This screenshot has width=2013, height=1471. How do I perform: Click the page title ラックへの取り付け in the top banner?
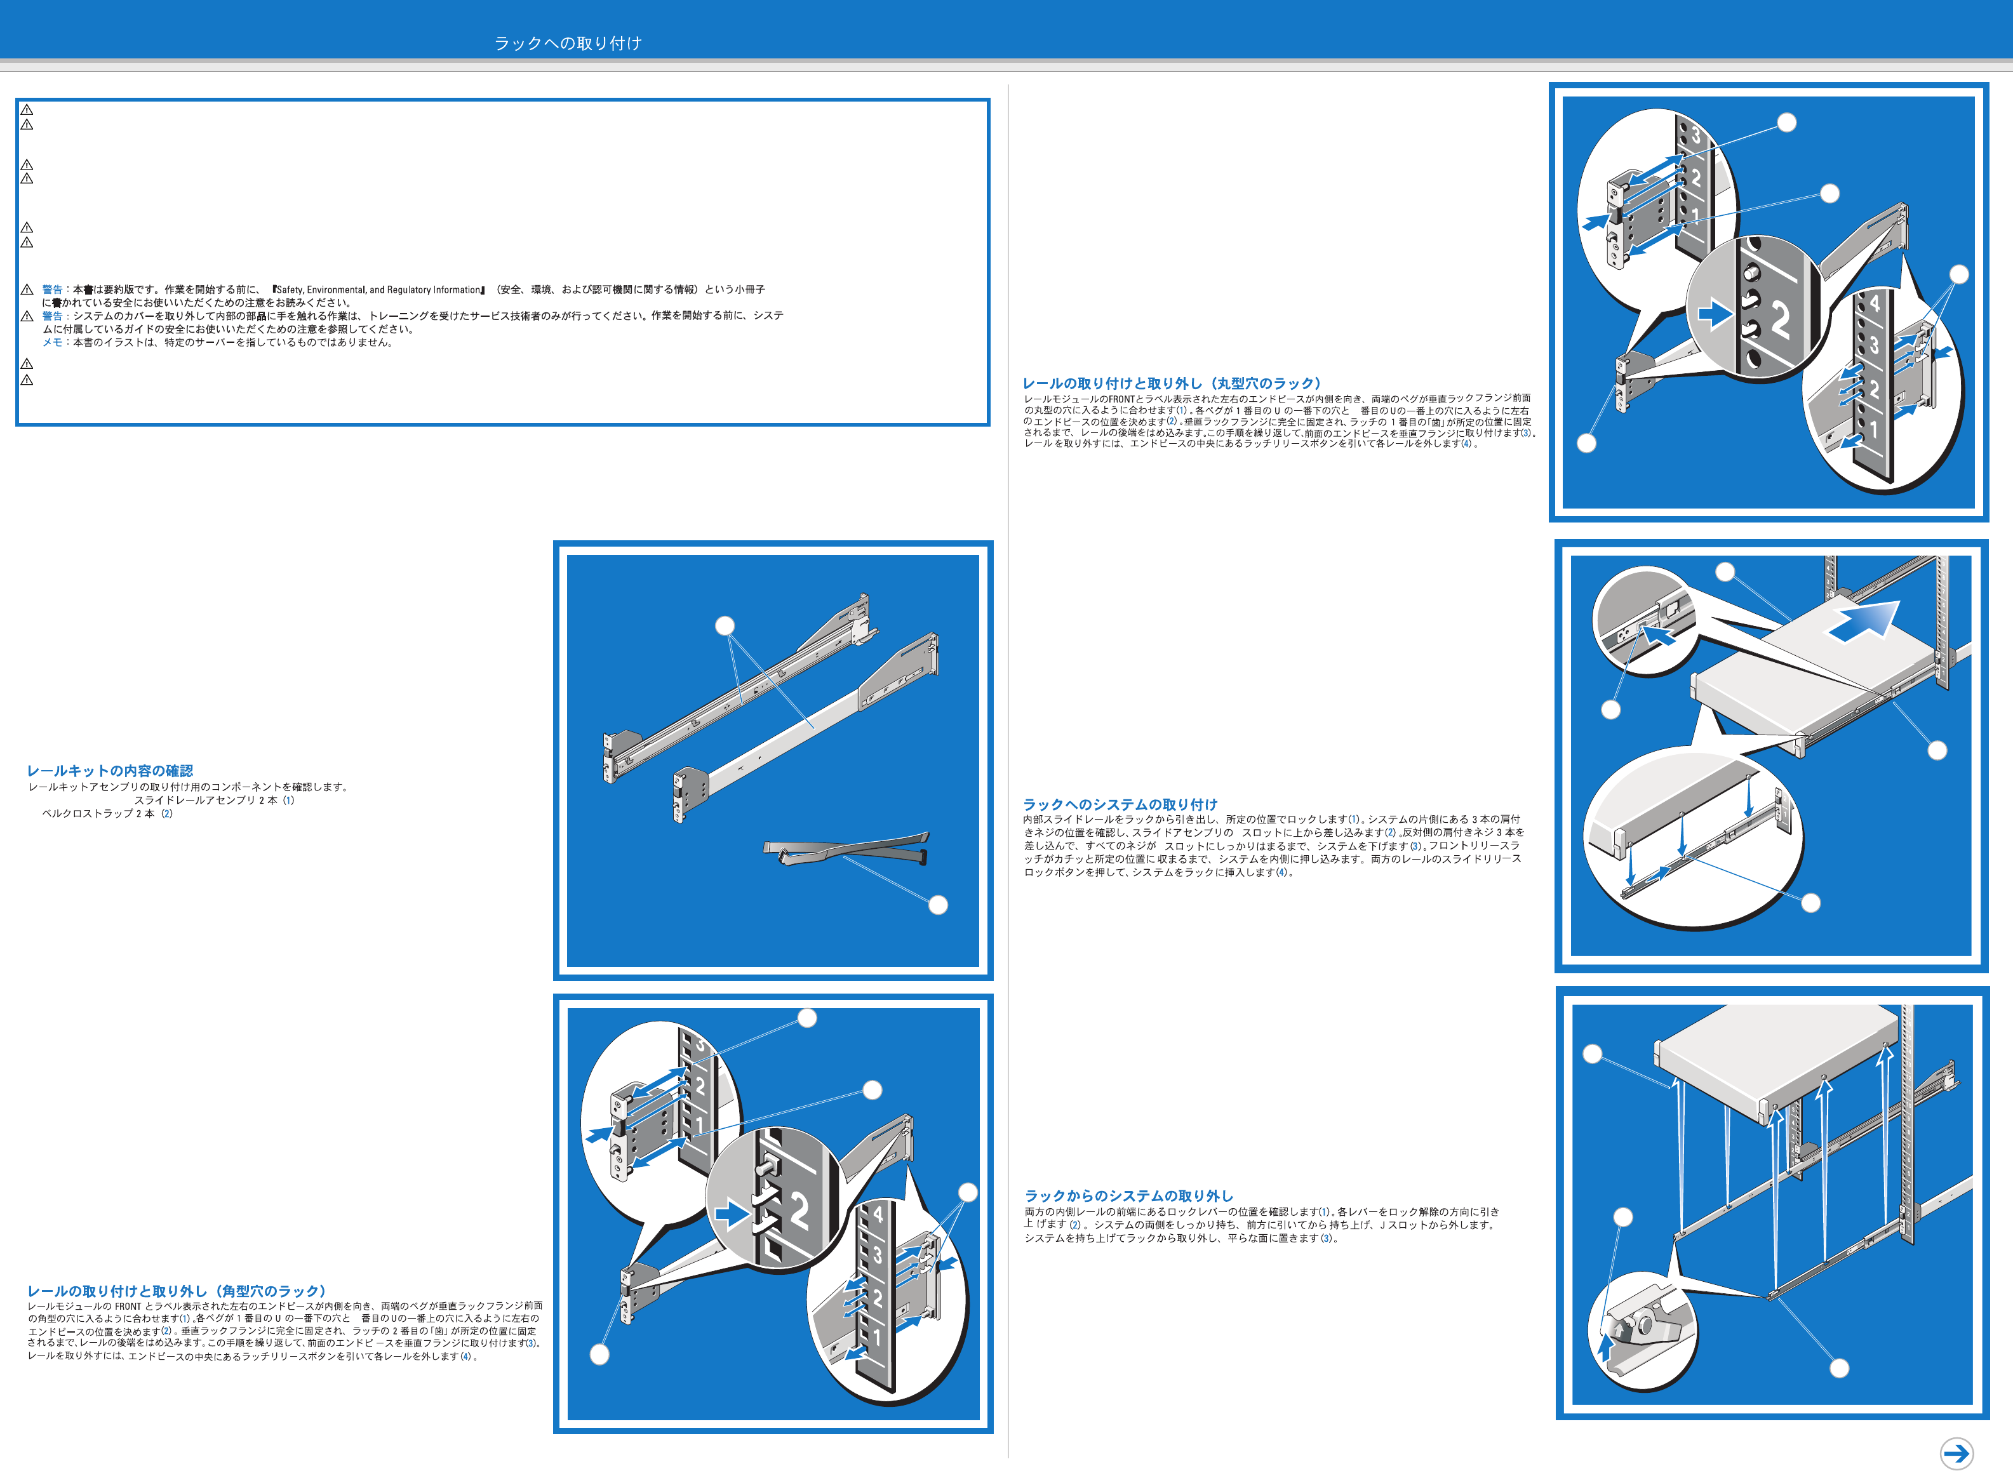[568, 43]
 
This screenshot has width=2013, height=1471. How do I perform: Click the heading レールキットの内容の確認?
[110, 770]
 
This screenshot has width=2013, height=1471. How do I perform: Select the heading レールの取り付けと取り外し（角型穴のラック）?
[177, 1290]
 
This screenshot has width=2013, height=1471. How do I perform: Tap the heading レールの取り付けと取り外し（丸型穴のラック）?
[1171, 383]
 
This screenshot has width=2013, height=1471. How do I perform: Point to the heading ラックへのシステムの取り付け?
[1120, 804]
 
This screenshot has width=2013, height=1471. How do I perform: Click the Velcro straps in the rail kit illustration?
[846, 849]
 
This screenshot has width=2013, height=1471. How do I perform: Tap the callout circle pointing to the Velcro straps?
[938, 905]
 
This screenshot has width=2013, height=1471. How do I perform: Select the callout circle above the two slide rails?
[725, 626]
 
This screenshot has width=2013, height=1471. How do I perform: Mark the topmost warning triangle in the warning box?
[27, 110]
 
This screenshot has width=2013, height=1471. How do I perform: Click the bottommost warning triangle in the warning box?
[27, 380]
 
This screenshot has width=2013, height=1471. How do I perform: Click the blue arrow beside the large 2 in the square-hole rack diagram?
[733, 1215]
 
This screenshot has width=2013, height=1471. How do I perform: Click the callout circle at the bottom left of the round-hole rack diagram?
[1586, 443]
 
